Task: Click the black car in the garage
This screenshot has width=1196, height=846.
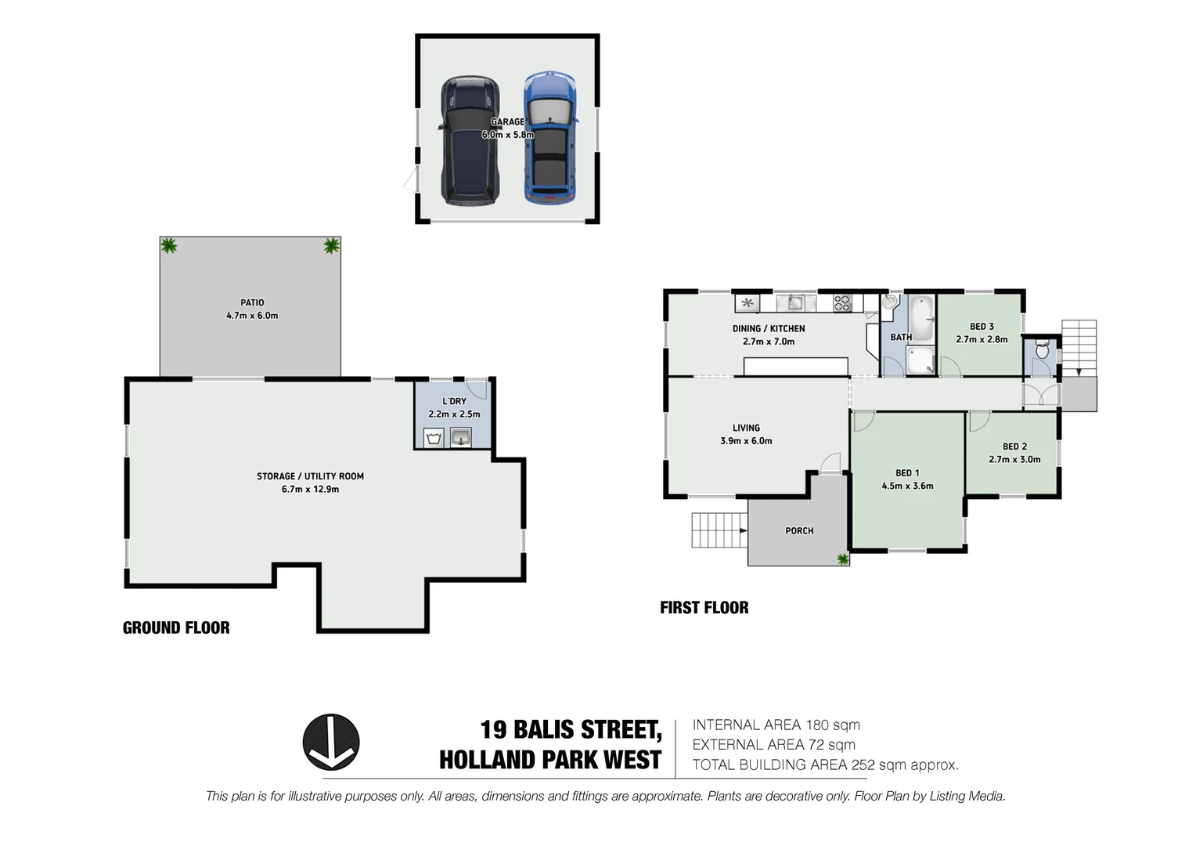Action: (x=468, y=141)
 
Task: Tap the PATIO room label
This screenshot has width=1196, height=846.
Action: (x=252, y=302)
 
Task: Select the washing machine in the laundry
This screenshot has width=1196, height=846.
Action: (x=434, y=437)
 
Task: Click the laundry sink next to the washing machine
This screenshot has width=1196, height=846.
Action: (x=461, y=437)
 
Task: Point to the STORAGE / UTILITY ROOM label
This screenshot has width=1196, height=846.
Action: (x=310, y=476)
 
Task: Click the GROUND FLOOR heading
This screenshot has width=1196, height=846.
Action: (x=176, y=627)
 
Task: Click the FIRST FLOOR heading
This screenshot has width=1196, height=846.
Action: (x=704, y=608)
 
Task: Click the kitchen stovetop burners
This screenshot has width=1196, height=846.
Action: (x=841, y=303)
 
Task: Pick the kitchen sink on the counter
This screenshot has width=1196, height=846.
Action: (x=795, y=302)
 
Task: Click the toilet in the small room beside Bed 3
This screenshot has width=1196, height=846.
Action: (x=1040, y=349)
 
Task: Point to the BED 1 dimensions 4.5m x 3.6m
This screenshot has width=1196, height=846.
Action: (x=907, y=486)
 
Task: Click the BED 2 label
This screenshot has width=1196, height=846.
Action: (x=1014, y=446)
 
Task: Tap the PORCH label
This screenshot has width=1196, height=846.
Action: (x=799, y=531)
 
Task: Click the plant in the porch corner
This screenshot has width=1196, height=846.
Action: (x=842, y=559)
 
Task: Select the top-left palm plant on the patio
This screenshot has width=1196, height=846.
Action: (x=168, y=246)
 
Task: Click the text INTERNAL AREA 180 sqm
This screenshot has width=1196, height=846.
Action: (x=776, y=725)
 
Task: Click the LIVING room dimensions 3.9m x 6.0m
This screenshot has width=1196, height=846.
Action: (x=746, y=441)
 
